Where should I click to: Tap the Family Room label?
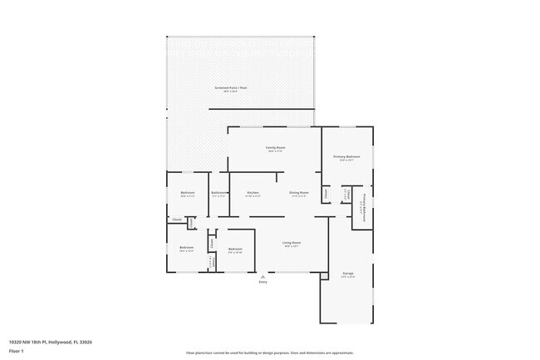coord(275,147)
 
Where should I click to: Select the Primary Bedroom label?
coord(346,156)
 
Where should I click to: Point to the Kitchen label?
coord(253,193)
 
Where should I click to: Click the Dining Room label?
coord(299,193)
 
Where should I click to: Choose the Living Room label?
coord(292,243)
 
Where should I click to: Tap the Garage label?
coord(347,273)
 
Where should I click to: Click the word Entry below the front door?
coord(263,283)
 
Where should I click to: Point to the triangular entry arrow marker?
coord(263,276)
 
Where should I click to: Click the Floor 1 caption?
coord(17,351)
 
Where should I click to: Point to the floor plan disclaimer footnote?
coord(269,353)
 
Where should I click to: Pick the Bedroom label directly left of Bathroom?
coord(187,193)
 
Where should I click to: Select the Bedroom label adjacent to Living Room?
coord(235,249)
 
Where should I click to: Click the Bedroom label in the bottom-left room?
coord(186,247)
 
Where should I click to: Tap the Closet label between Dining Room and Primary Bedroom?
coord(326,194)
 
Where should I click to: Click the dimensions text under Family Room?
coord(275,151)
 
